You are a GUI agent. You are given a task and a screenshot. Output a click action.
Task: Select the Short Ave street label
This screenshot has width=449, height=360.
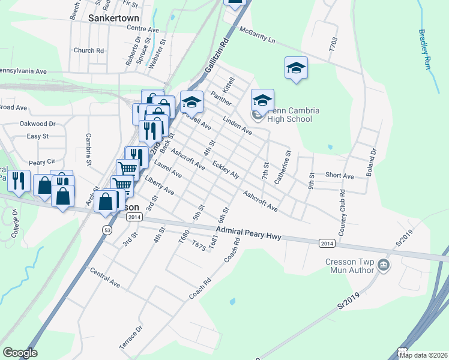tap(340, 176)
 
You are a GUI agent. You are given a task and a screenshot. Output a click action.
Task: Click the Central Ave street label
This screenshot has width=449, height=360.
tap(104, 277)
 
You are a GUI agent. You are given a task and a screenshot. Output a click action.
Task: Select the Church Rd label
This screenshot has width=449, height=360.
tap(89, 51)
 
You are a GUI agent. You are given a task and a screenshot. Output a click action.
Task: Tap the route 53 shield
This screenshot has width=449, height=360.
tap(107, 230)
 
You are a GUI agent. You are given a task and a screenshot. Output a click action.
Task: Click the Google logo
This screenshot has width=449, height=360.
tap(20, 353)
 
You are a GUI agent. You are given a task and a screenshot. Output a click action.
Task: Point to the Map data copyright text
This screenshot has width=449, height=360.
tap(423, 355)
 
